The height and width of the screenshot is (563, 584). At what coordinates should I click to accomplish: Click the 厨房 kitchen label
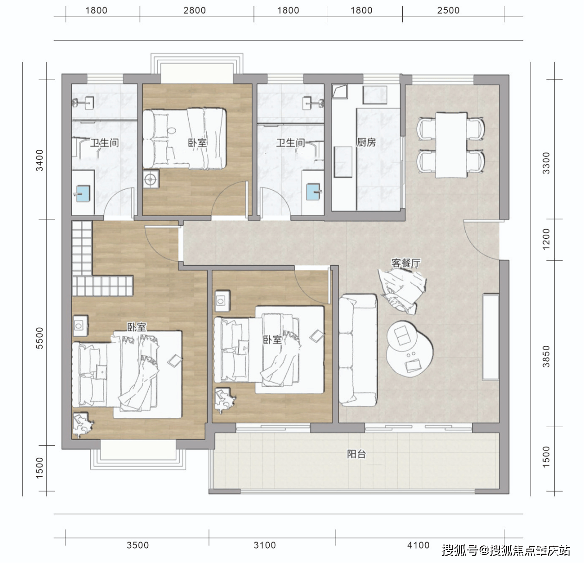[366, 142]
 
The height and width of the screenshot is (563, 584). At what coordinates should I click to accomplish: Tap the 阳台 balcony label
[356, 454]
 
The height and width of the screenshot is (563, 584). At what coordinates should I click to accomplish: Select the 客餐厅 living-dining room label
[406, 263]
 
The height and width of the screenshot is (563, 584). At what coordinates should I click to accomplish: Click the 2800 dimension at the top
[195, 11]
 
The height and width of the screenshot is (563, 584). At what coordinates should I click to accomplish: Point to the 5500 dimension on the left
[39, 338]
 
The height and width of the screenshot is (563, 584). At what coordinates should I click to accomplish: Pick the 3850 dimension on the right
[546, 357]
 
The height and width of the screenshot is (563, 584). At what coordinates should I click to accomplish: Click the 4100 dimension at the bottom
[419, 545]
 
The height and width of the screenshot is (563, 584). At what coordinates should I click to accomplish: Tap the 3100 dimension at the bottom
[265, 545]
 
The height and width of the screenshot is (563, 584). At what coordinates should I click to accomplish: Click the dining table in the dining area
[451, 145]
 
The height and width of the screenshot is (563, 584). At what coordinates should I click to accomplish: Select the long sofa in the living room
[358, 350]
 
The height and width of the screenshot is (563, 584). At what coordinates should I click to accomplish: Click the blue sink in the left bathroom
[83, 194]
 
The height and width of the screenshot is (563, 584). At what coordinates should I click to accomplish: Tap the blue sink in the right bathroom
[313, 192]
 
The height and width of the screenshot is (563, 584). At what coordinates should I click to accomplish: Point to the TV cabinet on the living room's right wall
[491, 338]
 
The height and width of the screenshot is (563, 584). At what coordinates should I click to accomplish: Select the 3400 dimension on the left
[39, 160]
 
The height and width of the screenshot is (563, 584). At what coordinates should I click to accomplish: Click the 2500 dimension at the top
[448, 11]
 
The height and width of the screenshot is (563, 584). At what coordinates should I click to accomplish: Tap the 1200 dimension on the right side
[546, 239]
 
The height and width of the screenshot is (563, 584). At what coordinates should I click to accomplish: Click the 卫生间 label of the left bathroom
[104, 143]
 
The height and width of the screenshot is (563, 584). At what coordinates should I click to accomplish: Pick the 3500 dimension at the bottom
[138, 545]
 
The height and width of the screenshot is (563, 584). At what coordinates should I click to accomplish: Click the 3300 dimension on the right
[546, 163]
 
